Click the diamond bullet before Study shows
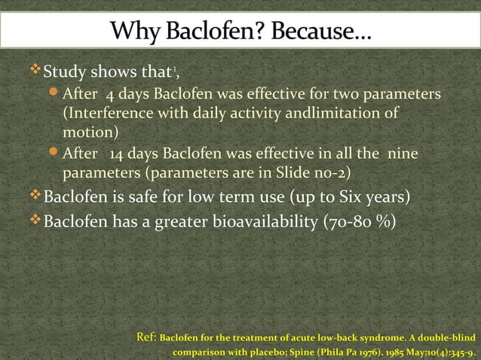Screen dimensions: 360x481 point(34,72)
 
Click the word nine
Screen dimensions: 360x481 point(402,154)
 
